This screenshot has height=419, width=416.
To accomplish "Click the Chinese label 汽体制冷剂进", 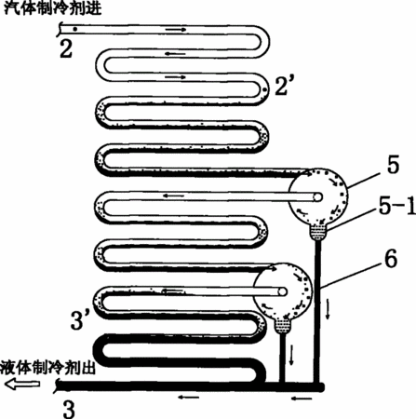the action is tap(52, 7).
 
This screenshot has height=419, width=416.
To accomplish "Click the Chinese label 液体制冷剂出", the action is tap(47, 368).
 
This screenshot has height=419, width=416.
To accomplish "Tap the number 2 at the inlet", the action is tap(66, 48).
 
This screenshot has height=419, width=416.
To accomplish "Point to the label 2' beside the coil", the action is tap(282, 86).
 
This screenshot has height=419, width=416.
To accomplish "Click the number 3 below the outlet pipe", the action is tap(69, 409).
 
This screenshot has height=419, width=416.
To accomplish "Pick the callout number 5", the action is tap(393, 164).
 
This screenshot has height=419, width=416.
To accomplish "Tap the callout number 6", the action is tap(391, 258).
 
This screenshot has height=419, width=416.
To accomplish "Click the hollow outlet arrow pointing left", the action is tap(22, 384).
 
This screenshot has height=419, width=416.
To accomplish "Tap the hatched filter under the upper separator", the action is tap(317, 233).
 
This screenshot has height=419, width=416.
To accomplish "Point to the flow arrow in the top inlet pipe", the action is tap(176, 30).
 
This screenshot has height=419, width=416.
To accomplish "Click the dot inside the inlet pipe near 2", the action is tap(74, 29).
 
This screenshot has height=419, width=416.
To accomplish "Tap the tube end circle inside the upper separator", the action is tap(317, 197).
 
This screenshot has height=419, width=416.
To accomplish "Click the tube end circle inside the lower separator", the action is tap(282, 291).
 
